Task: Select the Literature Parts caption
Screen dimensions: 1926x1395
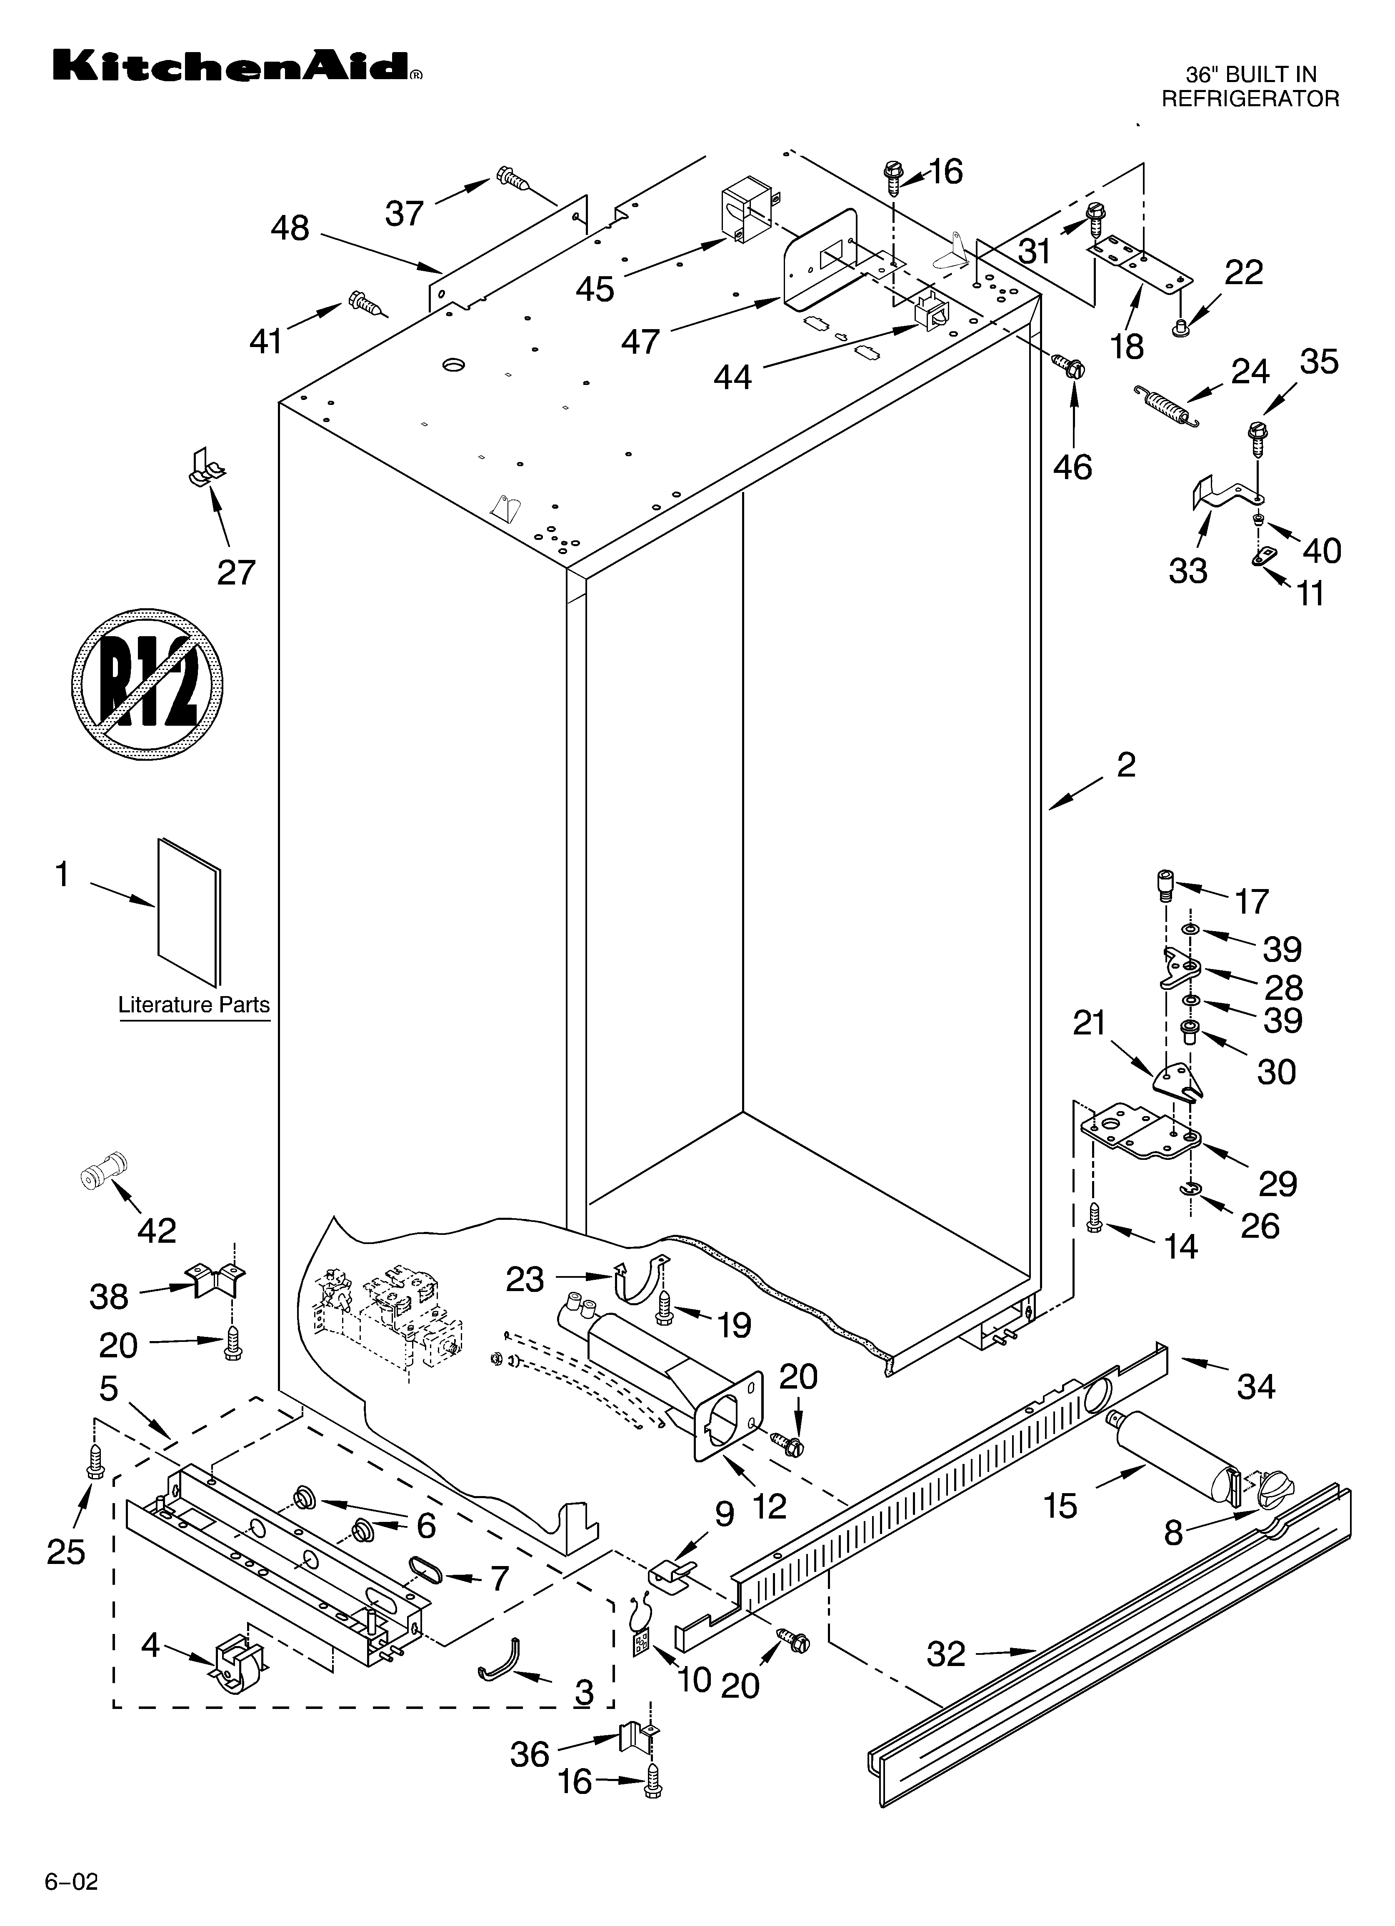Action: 194,1004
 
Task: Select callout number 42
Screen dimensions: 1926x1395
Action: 157,1230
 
